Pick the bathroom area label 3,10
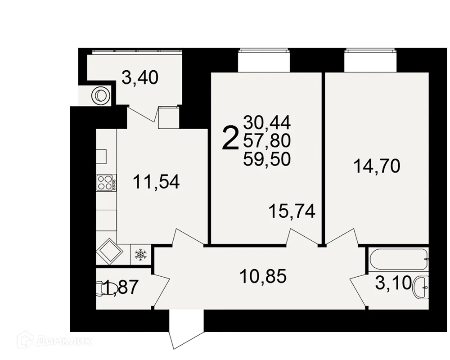pyautogui.click(x=393, y=284)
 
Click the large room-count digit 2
pyautogui.click(x=230, y=138)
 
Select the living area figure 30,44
pyautogui.click(x=267, y=121)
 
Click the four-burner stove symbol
pyautogui.click(x=106, y=183)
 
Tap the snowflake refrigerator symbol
pyautogui.click(x=141, y=255)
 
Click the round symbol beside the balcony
pyautogui.click(x=100, y=95)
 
